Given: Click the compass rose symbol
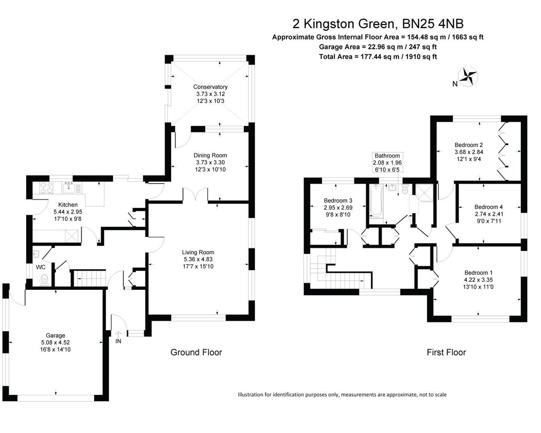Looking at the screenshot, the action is click(468, 76).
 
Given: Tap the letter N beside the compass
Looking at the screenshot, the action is click(455, 84).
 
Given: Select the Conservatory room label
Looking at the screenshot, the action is click(210, 87).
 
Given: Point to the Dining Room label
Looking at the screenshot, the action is click(210, 156).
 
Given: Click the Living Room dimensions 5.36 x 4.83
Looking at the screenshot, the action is click(198, 259).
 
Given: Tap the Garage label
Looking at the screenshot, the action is click(55, 335).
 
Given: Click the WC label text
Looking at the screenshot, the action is click(41, 267).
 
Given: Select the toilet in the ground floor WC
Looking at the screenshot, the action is click(45, 280).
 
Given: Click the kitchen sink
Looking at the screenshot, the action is click(68, 187).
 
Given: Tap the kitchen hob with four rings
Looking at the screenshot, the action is click(47, 188).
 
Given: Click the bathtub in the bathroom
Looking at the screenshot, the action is click(376, 200).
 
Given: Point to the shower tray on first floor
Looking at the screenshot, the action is click(425, 193).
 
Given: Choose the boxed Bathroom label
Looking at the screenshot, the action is click(388, 162).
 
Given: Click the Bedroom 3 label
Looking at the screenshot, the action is click(338, 200).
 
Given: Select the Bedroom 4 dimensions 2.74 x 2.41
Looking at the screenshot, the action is click(488, 214).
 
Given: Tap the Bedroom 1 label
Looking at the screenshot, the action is click(478, 273).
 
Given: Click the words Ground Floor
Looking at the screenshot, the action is click(196, 352).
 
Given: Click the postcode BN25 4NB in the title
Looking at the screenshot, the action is click(433, 24).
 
